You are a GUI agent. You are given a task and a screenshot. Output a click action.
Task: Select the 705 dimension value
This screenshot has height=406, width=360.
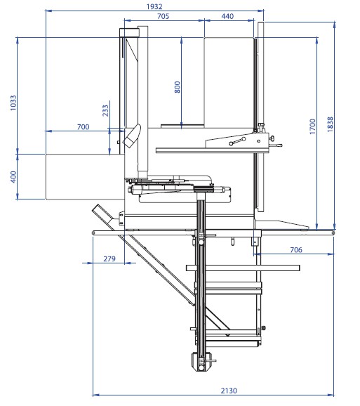pos(162,15)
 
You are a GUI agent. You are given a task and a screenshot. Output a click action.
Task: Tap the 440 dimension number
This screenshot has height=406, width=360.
pos(228,15)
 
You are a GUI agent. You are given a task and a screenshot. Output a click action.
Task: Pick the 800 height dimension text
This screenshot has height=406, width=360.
pos(178,87)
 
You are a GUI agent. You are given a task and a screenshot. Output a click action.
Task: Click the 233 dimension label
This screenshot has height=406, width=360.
pos(105,110)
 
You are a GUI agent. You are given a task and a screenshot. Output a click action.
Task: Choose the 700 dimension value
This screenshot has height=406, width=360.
pos(83,126)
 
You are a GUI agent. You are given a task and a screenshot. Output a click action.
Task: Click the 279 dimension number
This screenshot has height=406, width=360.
pos(109,259)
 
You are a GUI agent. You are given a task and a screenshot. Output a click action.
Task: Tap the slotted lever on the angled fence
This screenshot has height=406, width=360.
pos(237,143)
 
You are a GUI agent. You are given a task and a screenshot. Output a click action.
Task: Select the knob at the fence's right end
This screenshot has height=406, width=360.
pos(269,145)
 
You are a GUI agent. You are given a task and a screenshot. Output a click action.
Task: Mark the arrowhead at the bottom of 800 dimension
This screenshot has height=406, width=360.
pos(182,126)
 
